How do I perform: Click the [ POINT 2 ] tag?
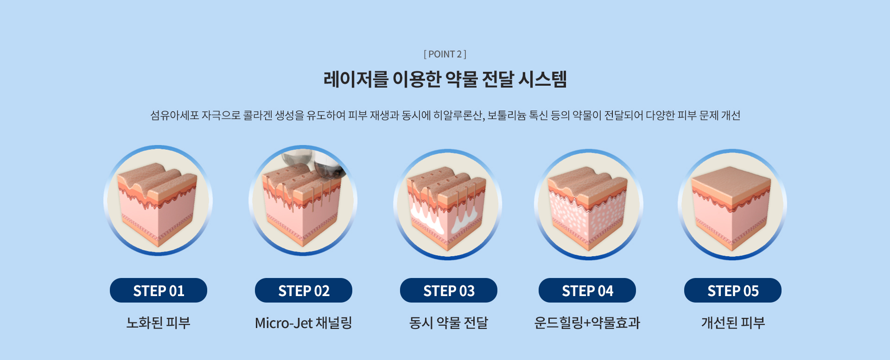pos(445,54)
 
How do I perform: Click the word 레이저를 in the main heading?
pos(356,79)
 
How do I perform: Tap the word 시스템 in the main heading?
pos(542,79)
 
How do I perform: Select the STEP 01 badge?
pos(159,291)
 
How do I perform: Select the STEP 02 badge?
pos(304,291)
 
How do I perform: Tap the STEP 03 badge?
pos(449,291)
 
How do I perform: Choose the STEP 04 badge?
pos(587,291)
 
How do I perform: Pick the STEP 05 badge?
pos(733,291)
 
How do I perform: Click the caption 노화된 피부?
pos(159,322)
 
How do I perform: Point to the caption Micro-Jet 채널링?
pos(304,322)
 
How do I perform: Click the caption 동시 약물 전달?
pos(449,322)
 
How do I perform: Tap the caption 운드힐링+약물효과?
pos(587,322)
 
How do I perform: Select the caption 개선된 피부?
pos(733,322)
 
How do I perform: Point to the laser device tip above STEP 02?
pos(329,167)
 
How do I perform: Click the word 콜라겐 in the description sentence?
pos(258,115)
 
